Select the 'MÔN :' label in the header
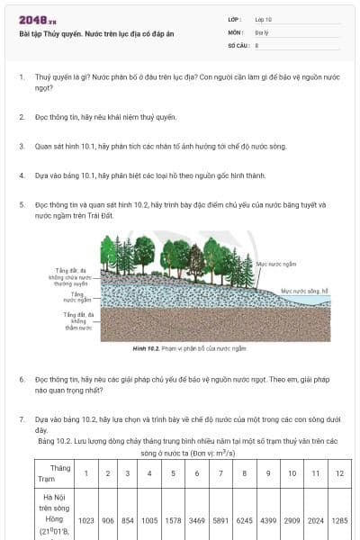(236, 31)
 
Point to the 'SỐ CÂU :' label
(238, 44)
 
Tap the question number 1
(22, 78)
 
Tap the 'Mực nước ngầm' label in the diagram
(276, 264)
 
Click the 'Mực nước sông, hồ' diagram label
(305, 291)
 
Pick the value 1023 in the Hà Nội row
(86, 520)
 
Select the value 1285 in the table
(338, 520)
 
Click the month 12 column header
(338, 473)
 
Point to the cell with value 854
(128, 520)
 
